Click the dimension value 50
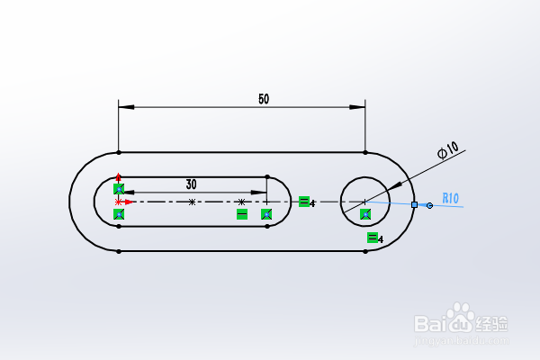(x=263, y=99)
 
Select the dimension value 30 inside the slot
(x=191, y=184)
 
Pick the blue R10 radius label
(x=450, y=198)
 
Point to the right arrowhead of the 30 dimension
(x=260, y=193)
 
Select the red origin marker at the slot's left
(x=119, y=202)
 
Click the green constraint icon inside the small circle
(x=365, y=214)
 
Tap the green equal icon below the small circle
(x=373, y=238)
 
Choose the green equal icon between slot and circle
(x=304, y=202)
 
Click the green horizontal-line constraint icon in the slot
(x=241, y=214)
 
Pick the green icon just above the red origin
(x=119, y=189)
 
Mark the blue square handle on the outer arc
(x=414, y=205)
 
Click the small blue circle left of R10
(x=429, y=205)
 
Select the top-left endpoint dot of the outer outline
(x=119, y=151)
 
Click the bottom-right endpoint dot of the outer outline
(x=364, y=252)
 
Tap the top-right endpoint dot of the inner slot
(x=267, y=176)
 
